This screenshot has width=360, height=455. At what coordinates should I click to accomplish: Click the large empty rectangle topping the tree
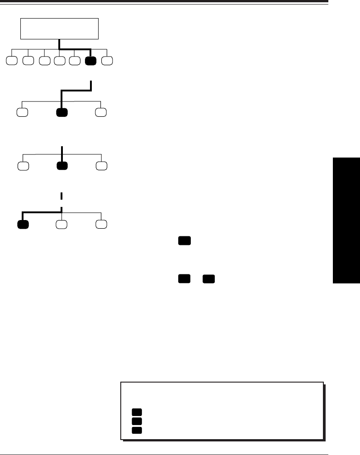(x=59, y=29)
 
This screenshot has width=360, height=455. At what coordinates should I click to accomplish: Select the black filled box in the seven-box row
(x=90, y=61)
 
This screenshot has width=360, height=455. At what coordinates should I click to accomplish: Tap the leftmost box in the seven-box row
(x=13, y=61)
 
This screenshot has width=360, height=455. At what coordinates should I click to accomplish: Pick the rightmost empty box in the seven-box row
(x=107, y=61)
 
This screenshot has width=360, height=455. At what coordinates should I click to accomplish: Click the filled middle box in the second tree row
(x=62, y=112)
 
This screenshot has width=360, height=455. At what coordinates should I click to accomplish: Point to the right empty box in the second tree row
(x=101, y=112)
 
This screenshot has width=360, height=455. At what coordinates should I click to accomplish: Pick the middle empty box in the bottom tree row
(x=62, y=224)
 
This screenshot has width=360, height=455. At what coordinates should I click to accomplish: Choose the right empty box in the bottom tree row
(x=101, y=224)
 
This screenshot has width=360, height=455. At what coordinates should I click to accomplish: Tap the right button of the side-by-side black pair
(x=208, y=279)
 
